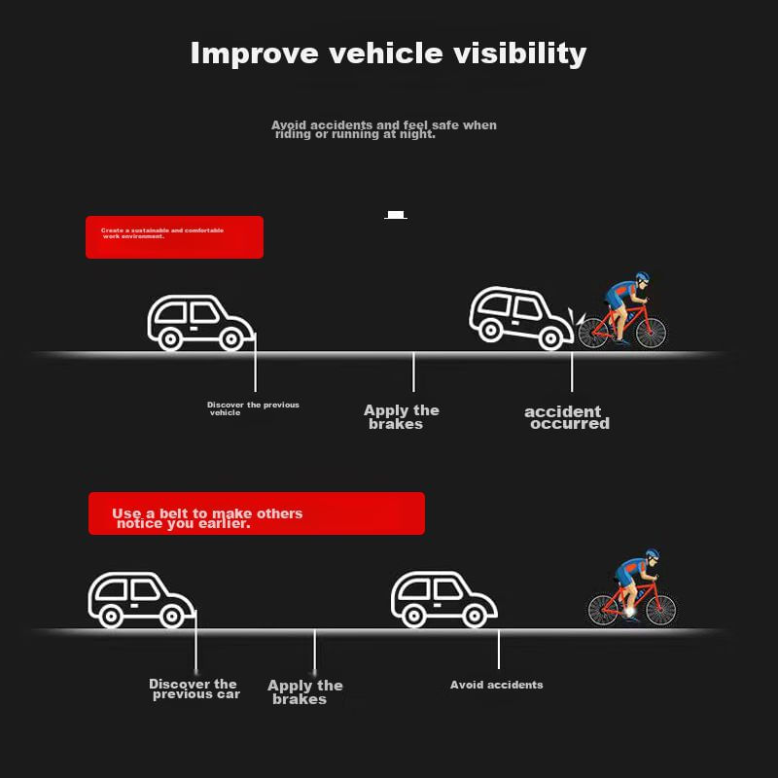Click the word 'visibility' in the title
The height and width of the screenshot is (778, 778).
coord(520,53)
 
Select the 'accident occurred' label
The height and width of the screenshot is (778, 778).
coord(567,417)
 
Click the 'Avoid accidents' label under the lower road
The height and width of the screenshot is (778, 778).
coord(496,685)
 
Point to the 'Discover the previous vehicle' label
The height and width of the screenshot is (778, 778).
coord(253,408)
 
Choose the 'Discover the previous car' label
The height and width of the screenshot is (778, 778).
coord(194,689)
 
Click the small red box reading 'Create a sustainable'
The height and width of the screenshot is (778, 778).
coord(174,237)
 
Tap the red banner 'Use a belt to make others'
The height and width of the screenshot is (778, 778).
coord(257,513)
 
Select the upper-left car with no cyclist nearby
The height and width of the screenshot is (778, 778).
coord(198,323)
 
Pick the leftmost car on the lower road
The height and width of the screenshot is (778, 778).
coord(141,598)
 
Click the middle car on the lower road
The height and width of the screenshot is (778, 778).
coord(443,598)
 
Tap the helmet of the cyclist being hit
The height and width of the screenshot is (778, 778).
coord(640,278)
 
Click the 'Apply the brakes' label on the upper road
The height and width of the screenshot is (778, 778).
coord(401,417)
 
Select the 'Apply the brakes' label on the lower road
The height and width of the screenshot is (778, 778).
coord(304,692)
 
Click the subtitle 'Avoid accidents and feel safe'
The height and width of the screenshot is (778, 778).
coord(383,129)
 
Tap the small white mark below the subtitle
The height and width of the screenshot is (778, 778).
coord(395,215)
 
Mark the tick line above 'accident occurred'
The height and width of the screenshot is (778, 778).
coord(572,371)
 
